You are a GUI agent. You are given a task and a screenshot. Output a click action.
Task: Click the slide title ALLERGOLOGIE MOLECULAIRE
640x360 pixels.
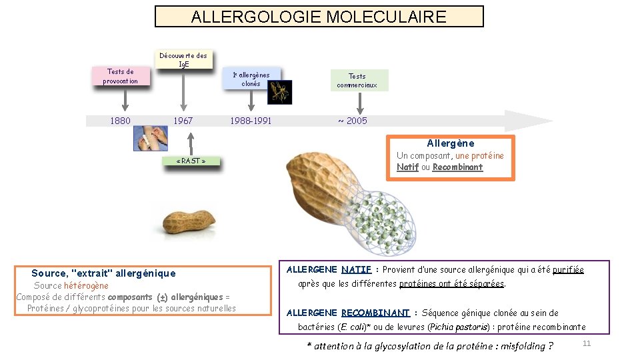point(319,17)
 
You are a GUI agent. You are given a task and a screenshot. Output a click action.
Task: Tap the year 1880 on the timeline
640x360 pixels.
point(120,121)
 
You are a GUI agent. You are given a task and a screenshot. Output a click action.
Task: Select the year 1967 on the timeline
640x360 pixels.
point(183,121)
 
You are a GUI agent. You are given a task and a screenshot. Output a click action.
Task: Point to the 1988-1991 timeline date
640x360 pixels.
point(251,121)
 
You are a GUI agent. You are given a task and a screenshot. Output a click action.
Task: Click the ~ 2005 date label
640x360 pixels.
point(353,121)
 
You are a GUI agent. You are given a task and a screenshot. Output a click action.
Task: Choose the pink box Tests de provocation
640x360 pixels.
point(120,77)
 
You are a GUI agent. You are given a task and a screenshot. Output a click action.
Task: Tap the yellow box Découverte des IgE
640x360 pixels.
point(183,59)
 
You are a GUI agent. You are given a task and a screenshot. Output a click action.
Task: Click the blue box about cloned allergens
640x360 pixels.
point(251,79)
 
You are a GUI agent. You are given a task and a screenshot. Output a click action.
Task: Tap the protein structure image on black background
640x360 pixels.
point(280,92)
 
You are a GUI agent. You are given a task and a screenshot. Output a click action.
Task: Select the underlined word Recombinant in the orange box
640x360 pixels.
point(457,167)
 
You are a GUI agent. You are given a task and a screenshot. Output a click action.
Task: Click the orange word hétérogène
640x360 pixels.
point(86,286)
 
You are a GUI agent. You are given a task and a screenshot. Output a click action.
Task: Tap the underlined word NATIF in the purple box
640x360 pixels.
point(356,270)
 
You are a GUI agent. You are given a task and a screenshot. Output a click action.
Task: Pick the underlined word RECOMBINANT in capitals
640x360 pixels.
point(375,313)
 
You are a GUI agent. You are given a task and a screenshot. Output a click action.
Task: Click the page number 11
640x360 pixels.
point(587,343)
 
